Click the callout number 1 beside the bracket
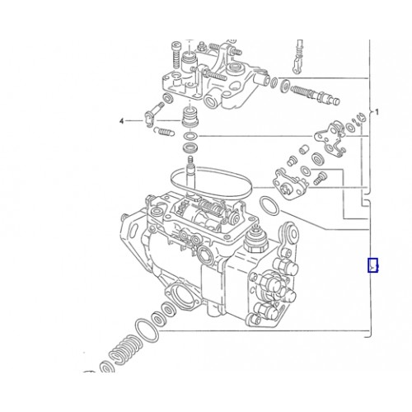377,112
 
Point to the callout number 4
121,121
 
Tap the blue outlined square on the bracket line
372,265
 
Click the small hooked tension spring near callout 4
163,132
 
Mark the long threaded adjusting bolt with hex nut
316,94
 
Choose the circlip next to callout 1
360,119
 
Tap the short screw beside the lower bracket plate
320,178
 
